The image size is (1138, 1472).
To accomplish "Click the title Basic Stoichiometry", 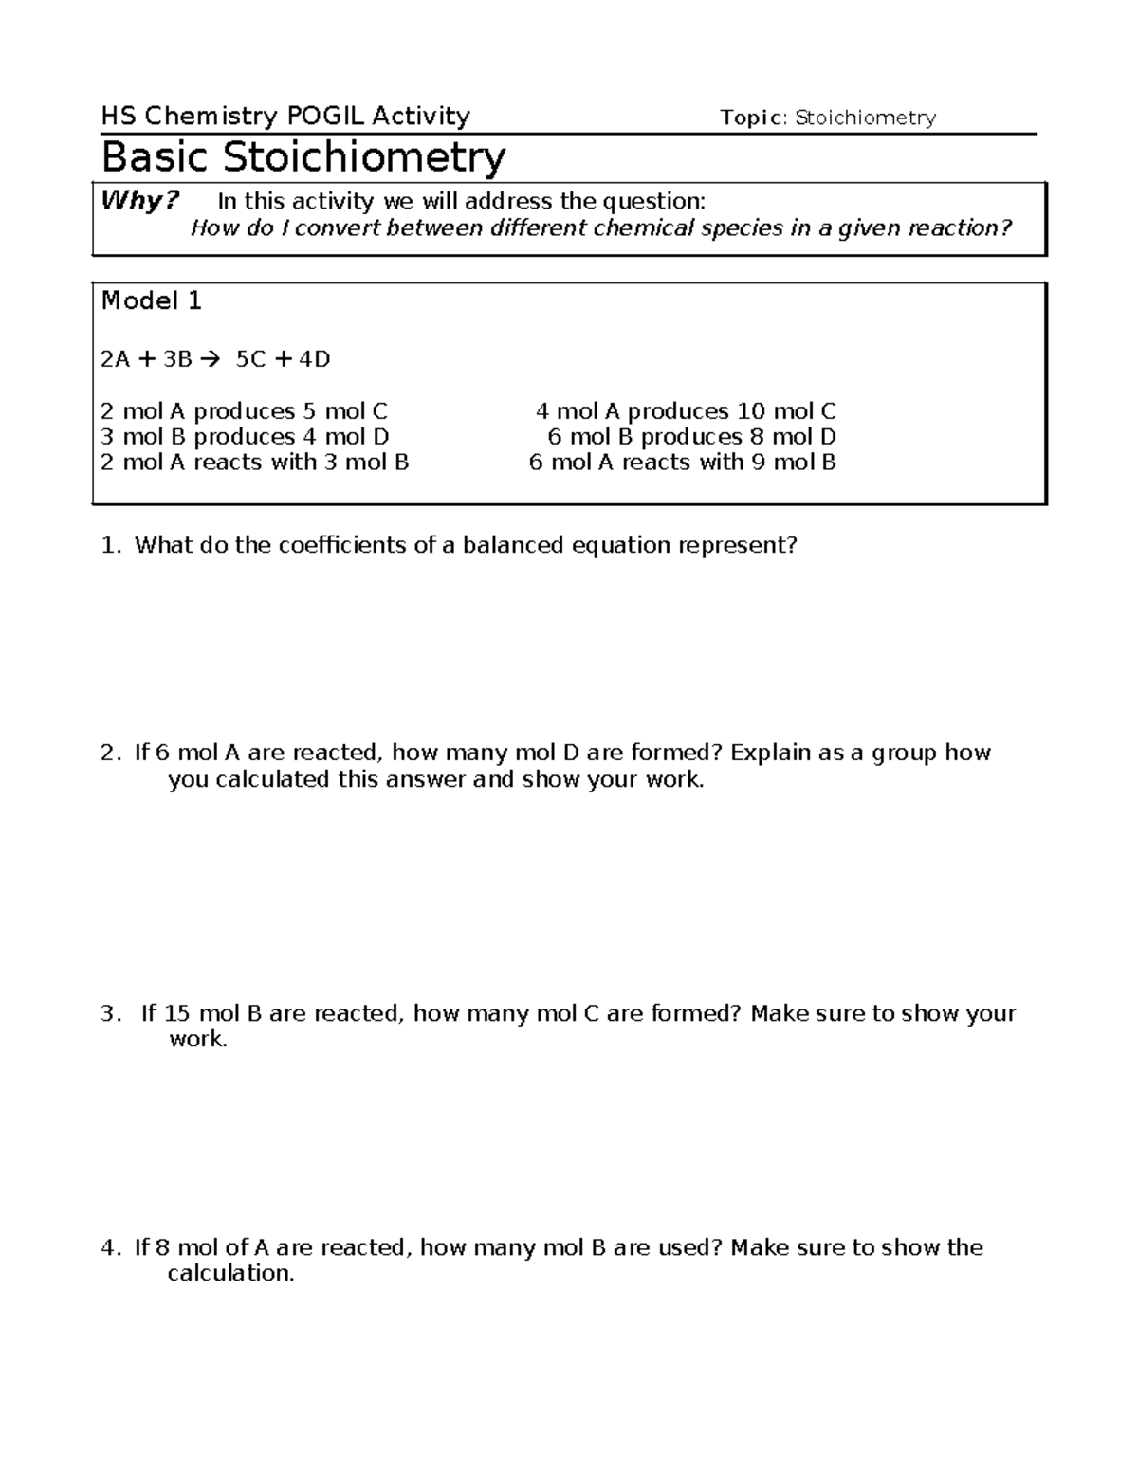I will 303,157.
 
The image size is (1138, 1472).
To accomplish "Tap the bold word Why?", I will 140,201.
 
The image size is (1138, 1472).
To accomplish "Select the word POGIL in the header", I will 324,117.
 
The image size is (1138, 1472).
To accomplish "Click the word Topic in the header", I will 752,118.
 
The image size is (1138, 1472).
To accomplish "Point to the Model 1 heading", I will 152,301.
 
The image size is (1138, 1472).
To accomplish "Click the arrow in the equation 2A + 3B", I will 211,359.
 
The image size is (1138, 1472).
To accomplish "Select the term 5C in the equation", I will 251,359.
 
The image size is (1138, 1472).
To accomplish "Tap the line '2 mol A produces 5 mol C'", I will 245,411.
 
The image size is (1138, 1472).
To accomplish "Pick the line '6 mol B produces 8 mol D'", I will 691,437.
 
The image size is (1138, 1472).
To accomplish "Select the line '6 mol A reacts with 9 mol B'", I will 682,463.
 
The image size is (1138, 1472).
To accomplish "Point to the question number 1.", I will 111,546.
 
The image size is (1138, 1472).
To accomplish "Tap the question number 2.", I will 111,754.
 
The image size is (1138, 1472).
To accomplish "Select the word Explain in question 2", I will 771,754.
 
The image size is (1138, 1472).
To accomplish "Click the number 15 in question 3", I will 177,1014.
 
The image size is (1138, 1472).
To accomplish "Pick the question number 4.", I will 111,1248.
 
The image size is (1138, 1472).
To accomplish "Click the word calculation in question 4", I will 229,1274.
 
